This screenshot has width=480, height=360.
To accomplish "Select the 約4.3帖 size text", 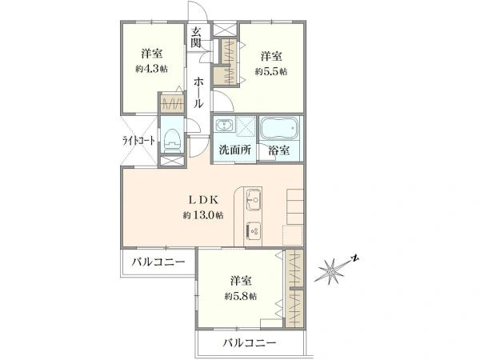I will (x=151, y=70).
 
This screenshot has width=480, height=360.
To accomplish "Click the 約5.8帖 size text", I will (x=240, y=296).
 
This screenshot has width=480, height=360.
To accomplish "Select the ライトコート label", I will (x=138, y=141).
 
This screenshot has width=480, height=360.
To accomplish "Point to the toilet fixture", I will (x=171, y=137).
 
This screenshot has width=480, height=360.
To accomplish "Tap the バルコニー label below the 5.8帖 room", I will (x=250, y=342).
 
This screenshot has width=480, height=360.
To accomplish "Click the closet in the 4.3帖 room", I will (x=171, y=104).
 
